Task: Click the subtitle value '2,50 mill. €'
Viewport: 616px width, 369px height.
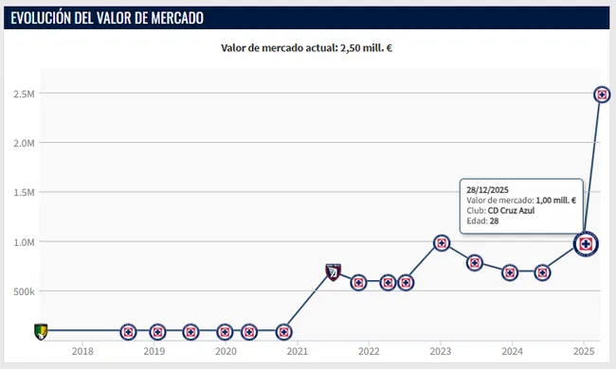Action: [366, 48]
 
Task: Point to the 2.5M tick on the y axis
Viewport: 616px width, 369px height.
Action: [24, 94]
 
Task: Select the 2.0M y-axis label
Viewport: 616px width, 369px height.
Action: [24, 143]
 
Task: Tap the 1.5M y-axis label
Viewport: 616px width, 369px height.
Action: [24, 192]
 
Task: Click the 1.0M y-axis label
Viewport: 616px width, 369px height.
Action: [24, 242]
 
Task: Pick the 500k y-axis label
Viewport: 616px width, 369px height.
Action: [24, 291]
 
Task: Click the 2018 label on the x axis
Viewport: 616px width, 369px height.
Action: [82, 350]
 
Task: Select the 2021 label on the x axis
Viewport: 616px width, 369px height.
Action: [297, 350]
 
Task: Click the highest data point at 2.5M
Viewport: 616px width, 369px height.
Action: [601, 95]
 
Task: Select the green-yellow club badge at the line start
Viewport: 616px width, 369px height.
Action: [40, 331]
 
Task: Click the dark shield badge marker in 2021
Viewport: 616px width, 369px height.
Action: [333, 272]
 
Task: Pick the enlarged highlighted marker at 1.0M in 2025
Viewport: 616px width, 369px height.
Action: [587, 244]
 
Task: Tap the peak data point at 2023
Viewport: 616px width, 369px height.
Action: [441, 243]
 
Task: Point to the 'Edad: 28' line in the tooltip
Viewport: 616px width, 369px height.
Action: [482, 221]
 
